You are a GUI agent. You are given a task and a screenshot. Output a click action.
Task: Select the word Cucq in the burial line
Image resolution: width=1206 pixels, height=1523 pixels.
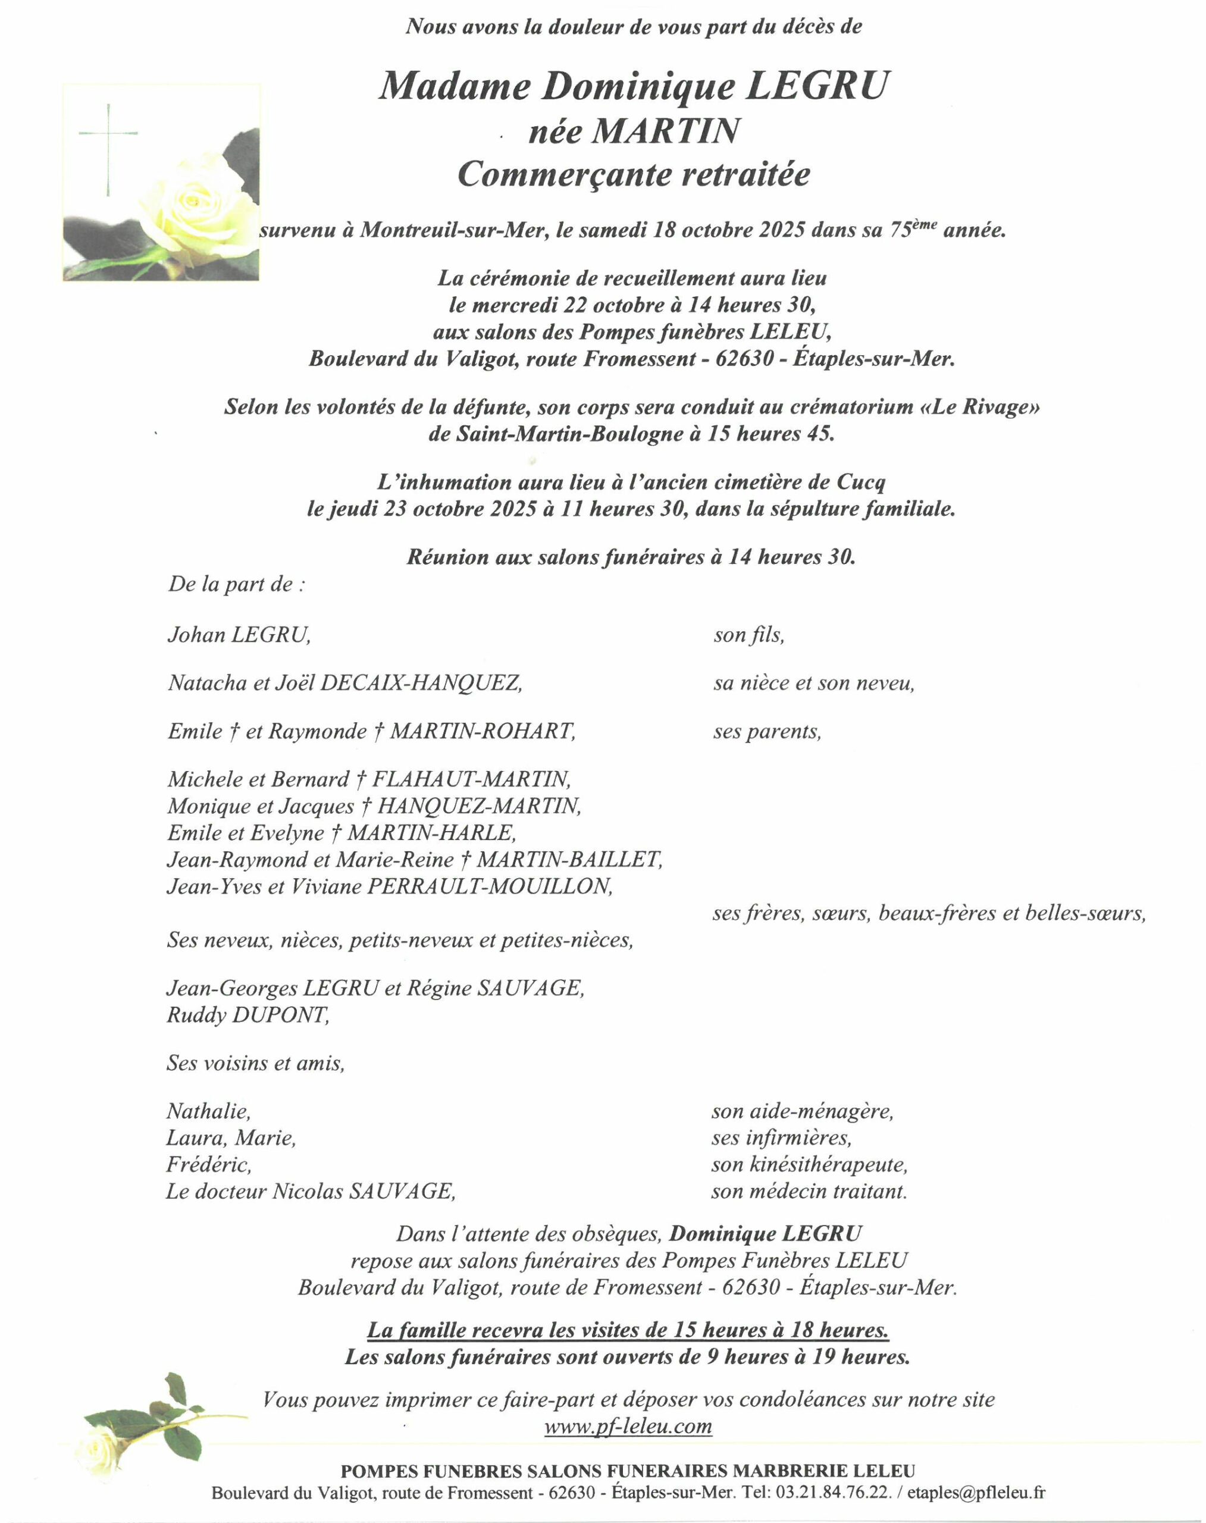click(x=860, y=482)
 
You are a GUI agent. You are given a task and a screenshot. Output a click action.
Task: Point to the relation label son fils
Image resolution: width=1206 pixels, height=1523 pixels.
click(x=748, y=635)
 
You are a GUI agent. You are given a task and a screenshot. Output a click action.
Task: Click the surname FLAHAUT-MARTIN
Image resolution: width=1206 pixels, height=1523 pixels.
click(x=471, y=779)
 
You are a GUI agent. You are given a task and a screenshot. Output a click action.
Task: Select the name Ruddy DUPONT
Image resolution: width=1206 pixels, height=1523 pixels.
click(x=248, y=1016)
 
